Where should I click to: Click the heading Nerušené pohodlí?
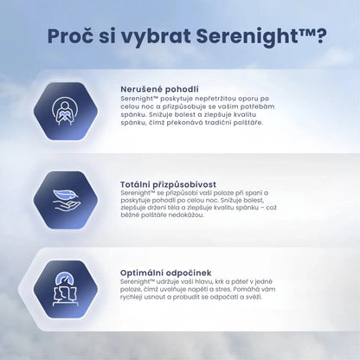pyautogui.click(x=160, y=89)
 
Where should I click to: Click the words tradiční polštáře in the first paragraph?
pyautogui.click(x=232, y=123)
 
